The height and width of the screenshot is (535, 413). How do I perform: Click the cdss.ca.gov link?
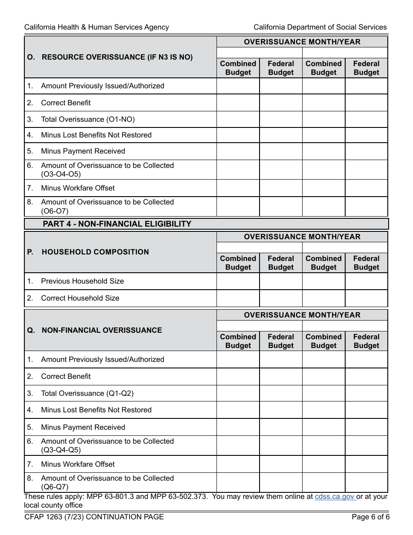[335, 497]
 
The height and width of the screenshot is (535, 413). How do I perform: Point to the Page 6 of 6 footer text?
[370, 517]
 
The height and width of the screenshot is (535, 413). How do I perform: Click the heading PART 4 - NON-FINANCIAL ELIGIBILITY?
[117, 224]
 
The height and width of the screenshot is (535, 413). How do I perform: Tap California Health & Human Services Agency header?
[97, 27]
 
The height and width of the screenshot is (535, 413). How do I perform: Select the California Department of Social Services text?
[320, 27]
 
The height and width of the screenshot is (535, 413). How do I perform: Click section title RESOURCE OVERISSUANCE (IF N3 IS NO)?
[117, 57]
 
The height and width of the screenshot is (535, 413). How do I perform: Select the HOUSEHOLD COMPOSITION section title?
[95, 252]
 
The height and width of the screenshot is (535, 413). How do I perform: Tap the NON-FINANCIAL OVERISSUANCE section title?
[102, 330]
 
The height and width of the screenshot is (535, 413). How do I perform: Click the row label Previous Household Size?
[82, 281]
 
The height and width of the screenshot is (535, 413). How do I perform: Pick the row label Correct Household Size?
[80, 298]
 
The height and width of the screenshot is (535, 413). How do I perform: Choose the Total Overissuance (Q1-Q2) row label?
[87, 393]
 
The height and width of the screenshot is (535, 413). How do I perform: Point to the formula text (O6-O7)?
[55, 211]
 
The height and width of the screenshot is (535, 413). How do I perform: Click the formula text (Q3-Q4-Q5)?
[61, 450]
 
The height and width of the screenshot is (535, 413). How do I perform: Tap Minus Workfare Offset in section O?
[78, 188]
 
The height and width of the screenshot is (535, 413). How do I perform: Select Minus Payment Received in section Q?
[83, 428]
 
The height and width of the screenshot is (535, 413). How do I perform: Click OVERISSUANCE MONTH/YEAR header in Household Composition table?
[302, 237]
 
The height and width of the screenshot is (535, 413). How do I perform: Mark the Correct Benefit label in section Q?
[66, 377]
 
